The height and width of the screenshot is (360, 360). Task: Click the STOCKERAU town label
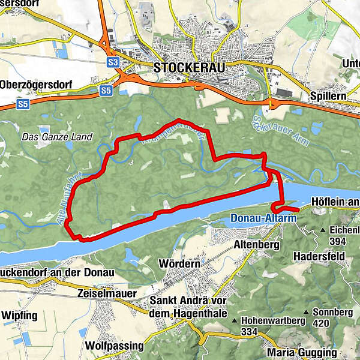point(189,68)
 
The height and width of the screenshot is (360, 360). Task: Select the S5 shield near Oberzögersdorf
point(106,91)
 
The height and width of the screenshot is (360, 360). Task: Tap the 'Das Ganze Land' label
point(57,137)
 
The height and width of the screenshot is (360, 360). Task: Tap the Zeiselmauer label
point(107,293)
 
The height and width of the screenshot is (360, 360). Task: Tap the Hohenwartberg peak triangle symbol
point(236,320)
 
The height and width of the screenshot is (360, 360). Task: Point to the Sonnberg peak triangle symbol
point(307,313)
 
